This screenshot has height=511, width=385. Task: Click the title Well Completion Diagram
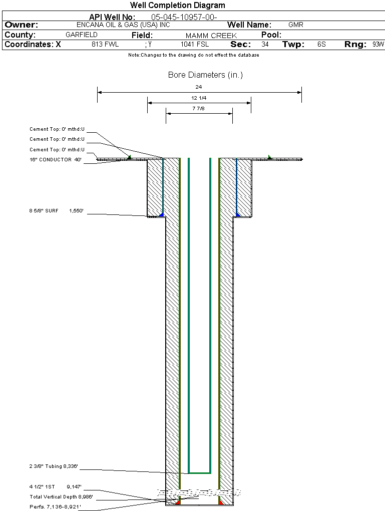[x=177, y=6]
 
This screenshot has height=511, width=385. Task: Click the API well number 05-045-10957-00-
[x=184, y=17]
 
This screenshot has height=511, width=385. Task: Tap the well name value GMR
[x=296, y=25]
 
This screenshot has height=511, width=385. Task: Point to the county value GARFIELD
[x=82, y=35]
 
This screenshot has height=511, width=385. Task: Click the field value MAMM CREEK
[x=211, y=36]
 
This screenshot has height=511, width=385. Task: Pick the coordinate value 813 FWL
[x=105, y=45]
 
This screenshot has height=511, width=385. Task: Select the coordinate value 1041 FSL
[x=195, y=45]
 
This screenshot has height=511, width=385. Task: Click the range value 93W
[x=378, y=45]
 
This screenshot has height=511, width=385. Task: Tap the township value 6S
[x=321, y=45]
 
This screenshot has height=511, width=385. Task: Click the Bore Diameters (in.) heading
[x=205, y=75]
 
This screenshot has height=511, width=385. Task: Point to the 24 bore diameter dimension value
[x=199, y=87]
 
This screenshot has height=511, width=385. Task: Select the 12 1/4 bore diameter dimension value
[x=199, y=98]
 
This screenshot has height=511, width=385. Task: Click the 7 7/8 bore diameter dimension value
[x=199, y=108]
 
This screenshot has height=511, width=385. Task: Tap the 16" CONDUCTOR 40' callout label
[x=55, y=160]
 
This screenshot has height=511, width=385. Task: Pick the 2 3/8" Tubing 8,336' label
[x=54, y=466]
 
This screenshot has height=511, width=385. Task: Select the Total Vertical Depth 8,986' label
[x=61, y=496]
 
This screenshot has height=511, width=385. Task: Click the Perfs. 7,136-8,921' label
[x=55, y=506]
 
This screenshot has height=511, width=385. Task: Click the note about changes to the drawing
[x=194, y=55]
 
